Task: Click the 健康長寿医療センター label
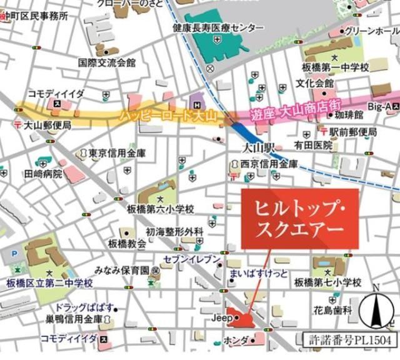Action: coord(218,28)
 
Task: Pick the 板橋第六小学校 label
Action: coord(162,209)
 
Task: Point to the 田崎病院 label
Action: coord(44,174)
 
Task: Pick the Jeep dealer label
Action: coord(222,318)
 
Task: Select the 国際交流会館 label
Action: coord(107,62)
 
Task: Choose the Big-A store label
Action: coord(379,107)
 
